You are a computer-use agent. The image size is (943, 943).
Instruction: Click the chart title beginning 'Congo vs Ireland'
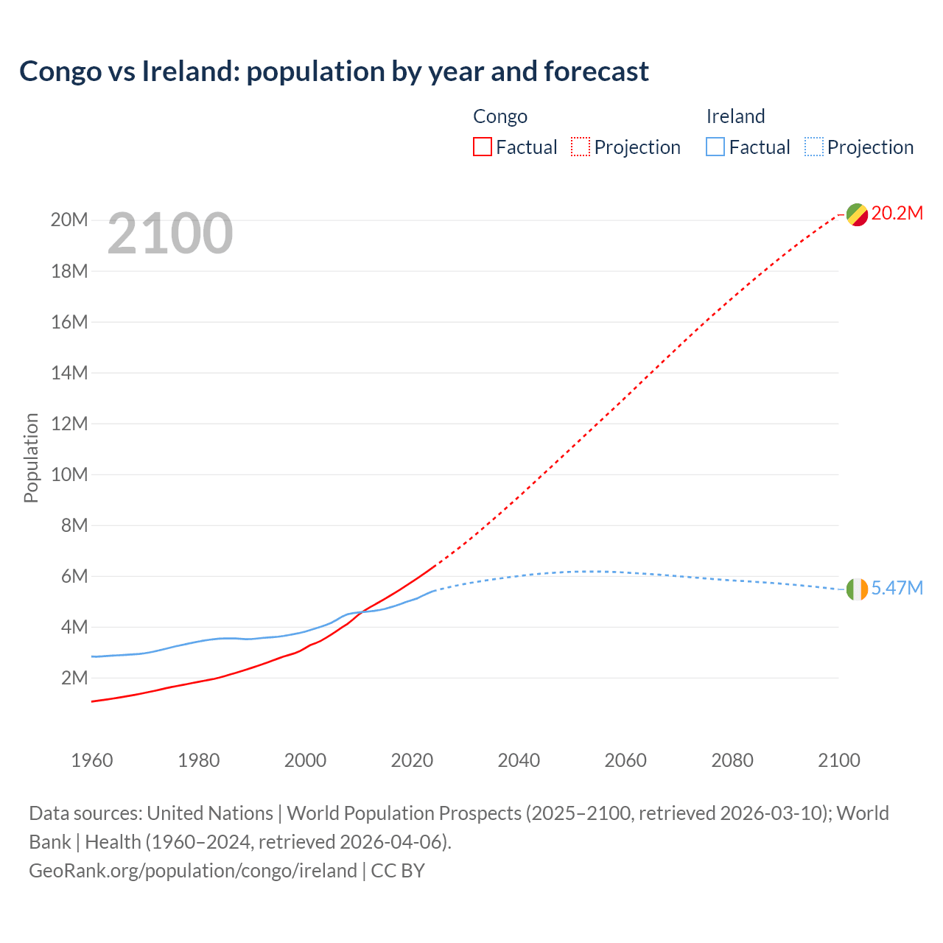(x=334, y=71)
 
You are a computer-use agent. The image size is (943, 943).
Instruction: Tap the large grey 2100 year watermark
(x=170, y=234)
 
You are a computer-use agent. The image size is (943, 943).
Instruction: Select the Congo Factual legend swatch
(x=482, y=147)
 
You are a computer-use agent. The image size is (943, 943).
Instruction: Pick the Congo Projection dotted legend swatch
(x=581, y=147)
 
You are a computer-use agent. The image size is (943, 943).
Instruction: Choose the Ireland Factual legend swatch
(x=715, y=147)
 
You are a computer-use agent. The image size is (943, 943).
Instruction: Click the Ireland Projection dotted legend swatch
(x=814, y=147)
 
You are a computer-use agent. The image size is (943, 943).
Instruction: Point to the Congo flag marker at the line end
(x=857, y=214)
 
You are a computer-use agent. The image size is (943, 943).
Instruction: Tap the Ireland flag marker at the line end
(x=857, y=589)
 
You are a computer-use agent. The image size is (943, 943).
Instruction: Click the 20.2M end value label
(x=897, y=214)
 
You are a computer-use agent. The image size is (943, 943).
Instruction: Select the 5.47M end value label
(x=897, y=588)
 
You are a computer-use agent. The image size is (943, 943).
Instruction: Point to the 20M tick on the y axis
(x=69, y=220)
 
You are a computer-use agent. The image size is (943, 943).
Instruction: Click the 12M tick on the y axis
(x=69, y=424)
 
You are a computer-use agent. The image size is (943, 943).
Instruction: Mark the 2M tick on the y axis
(x=74, y=678)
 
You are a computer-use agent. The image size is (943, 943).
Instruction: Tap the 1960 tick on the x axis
(x=92, y=760)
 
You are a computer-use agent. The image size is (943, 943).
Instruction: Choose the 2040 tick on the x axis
(x=519, y=760)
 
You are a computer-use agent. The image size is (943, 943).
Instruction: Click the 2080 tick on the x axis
(x=732, y=760)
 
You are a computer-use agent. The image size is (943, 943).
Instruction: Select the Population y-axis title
(x=31, y=458)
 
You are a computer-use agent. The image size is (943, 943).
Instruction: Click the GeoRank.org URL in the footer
(x=193, y=871)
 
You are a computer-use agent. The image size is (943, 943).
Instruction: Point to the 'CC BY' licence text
(x=398, y=871)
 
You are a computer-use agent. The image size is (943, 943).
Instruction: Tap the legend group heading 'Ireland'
(x=735, y=116)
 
